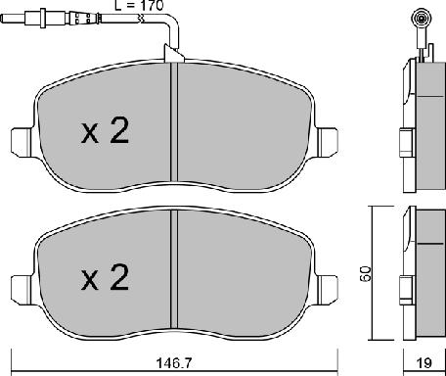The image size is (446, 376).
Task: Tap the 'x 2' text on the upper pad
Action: click(104, 133)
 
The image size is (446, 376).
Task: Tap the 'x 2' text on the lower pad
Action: click(104, 281)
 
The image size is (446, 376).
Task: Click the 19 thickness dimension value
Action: click(423, 361)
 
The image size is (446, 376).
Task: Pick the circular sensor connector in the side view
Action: click(423, 17)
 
